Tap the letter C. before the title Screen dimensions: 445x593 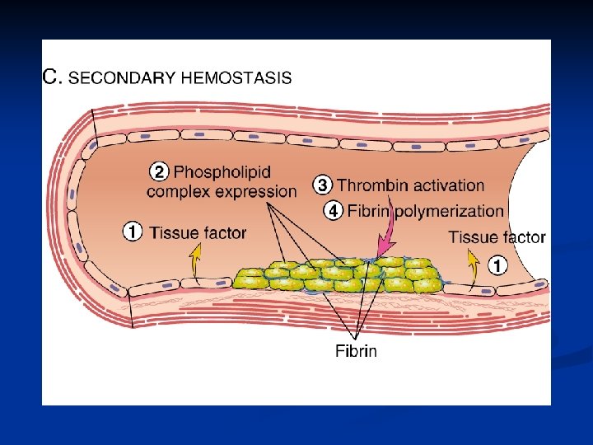point(52,78)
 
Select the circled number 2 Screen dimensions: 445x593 point(159,172)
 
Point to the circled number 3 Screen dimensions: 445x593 point(323,185)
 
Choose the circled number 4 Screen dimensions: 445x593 point(332,211)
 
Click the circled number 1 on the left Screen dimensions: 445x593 point(132,232)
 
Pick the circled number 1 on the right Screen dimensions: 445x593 point(497,265)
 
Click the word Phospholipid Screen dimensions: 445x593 point(222,172)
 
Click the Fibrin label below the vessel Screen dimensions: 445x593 point(356,351)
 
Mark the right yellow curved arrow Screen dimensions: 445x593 point(473,265)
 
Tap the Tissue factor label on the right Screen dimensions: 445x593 point(497,237)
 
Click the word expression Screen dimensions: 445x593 point(254,192)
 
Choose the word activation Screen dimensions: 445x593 point(446,185)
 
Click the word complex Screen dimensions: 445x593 point(177,192)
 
